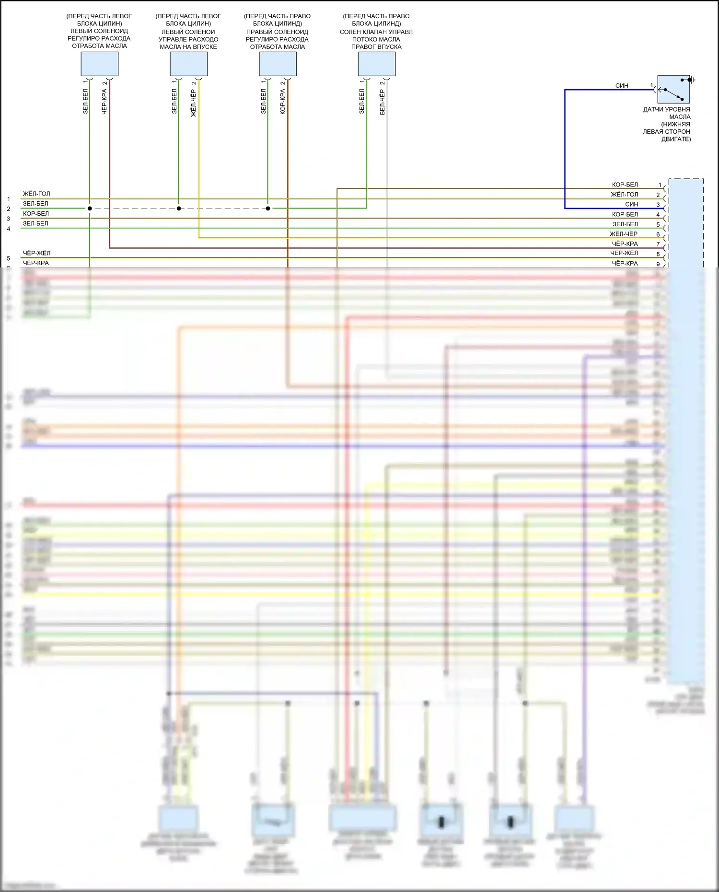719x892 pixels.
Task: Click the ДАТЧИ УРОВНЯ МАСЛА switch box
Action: (673, 89)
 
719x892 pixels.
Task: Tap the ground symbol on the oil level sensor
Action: (693, 80)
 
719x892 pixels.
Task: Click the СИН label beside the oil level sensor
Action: (622, 85)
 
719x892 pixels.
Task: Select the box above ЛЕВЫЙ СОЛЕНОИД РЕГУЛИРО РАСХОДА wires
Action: (99, 64)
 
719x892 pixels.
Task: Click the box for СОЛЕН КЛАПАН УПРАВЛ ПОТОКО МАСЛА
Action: (377, 64)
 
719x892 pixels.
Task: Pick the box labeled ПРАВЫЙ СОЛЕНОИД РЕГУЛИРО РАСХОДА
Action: (278, 64)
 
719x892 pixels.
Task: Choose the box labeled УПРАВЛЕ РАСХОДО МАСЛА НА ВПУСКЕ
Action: (188, 64)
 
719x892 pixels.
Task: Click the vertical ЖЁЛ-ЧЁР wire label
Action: (194, 103)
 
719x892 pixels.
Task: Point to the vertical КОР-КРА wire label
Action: (283, 101)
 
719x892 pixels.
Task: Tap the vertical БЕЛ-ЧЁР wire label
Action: (382, 102)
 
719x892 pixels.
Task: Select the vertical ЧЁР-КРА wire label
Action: (104, 101)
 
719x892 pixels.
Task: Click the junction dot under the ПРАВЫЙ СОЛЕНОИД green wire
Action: (268, 209)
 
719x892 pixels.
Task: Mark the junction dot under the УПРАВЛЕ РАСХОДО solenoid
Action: (179, 209)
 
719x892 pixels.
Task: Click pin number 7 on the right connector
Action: (658, 244)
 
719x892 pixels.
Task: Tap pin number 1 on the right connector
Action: (660, 185)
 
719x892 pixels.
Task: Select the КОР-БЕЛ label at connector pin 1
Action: (625, 185)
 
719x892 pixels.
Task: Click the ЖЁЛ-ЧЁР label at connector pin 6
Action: (623, 234)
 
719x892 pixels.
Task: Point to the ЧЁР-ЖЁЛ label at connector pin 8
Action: (624, 253)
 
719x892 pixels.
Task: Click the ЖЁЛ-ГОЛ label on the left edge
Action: (36, 194)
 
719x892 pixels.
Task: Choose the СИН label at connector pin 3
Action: (631, 204)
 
